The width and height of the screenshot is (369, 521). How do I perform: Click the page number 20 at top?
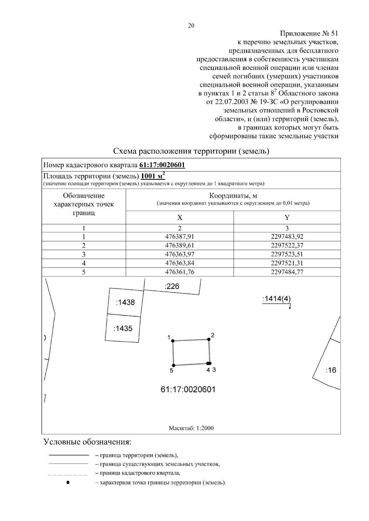click(x=191, y=26)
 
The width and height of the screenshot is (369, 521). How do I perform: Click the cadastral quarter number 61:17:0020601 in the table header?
click(x=162, y=165)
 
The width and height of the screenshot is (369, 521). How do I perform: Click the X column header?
click(x=180, y=218)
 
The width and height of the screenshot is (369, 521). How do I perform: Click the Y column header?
click(x=287, y=218)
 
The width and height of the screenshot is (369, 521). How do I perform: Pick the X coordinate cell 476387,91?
click(x=180, y=237)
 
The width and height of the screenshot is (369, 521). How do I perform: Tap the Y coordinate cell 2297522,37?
click(x=287, y=245)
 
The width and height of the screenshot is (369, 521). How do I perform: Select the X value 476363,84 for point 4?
click(x=180, y=263)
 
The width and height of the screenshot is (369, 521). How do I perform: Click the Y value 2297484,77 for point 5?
click(x=287, y=272)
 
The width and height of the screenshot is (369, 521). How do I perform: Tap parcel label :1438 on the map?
click(x=125, y=303)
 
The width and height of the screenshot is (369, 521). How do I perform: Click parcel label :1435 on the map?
click(x=123, y=329)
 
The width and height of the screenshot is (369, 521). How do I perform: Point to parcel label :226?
click(x=172, y=287)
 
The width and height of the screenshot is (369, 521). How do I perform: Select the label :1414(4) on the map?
click(x=276, y=299)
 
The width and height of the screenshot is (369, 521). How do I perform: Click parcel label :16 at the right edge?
click(x=331, y=370)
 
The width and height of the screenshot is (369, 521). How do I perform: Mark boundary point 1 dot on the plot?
click(x=173, y=341)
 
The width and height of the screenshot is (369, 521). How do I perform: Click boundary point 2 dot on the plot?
click(x=209, y=339)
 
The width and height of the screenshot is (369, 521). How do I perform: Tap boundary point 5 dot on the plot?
click(x=174, y=365)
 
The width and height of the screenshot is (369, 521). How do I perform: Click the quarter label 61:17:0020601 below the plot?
click(x=188, y=390)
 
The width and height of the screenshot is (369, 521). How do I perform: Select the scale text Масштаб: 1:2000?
click(x=191, y=428)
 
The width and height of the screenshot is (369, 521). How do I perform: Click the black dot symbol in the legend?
click(x=68, y=482)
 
